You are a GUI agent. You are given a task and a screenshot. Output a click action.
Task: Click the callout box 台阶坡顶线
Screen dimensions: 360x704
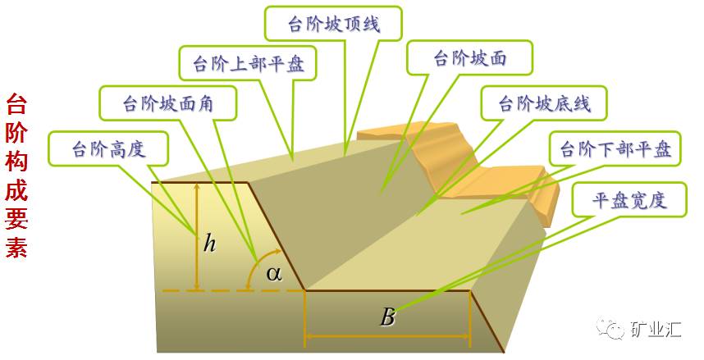pyautogui.click(x=333, y=23)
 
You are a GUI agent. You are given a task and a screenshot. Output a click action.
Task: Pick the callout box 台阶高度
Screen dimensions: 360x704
pyautogui.click(x=108, y=148)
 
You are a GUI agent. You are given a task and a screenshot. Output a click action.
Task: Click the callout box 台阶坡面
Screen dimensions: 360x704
pyautogui.click(x=469, y=59)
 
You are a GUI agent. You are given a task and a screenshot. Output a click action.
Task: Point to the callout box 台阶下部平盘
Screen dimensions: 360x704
pyautogui.click(x=615, y=149)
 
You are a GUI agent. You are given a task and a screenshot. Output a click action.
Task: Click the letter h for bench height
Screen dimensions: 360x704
pyautogui.click(x=210, y=244)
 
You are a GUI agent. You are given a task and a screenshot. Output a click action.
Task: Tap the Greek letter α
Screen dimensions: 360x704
pyautogui.click(x=274, y=273)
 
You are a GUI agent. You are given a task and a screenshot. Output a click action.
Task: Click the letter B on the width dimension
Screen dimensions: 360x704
pyautogui.click(x=387, y=317)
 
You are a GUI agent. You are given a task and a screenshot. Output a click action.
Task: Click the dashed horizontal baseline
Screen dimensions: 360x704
pyautogui.click(x=222, y=290)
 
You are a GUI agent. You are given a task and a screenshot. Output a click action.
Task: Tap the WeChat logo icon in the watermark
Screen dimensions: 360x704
pyautogui.click(x=611, y=329)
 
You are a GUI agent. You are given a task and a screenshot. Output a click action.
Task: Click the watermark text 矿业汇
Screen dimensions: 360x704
pyautogui.click(x=656, y=330)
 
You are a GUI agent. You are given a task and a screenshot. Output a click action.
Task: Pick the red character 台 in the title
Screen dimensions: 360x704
pyautogui.click(x=17, y=104)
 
